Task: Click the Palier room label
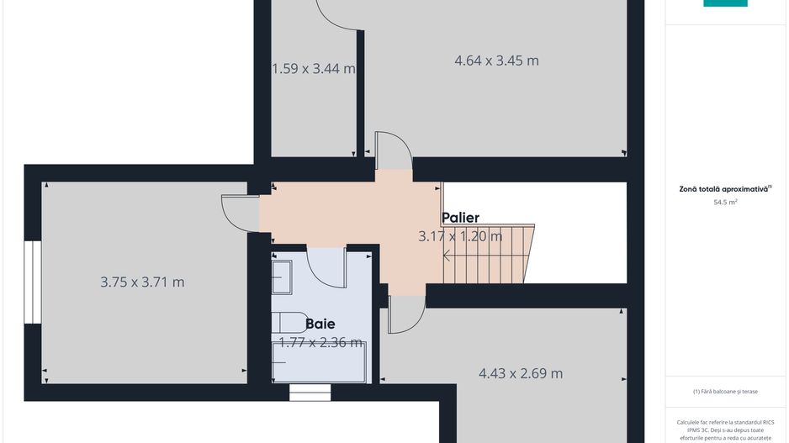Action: click(460, 218)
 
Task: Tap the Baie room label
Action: click(320, 324)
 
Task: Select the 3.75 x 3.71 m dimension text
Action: click(142, 282)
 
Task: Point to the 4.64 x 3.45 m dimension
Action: click(496, 61)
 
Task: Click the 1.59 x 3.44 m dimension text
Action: click(313, 69)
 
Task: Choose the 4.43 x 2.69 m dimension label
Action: click(521, 373)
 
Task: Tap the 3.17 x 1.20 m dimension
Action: click(460, 236)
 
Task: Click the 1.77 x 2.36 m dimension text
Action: click(320, 342)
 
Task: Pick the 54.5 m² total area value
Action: click(725, 203)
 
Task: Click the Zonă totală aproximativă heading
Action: click(725, 189)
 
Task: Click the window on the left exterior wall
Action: click(31, 282)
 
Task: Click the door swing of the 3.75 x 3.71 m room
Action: click(239, 212)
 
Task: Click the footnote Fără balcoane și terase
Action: click(725, 391)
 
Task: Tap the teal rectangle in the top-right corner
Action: click(725, 3)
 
